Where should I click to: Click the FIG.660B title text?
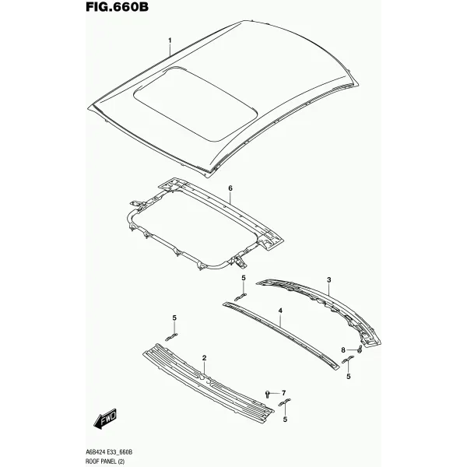pyautogui.click(x=117, y=6)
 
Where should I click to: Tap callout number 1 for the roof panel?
pyautogui.click(x=170, y=40)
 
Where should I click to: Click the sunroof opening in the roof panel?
pyautogui.click(x=195, y=104)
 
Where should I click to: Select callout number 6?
pyautogui.click(x=230, y=188)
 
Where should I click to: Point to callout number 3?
pyautogui.click(x=328, y=280)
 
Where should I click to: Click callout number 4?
pyautogui.click(x=280, y=311)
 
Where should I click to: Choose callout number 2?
pyautogui.click(x=204, y=358)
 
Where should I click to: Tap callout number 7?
pyautogui.click(x=283, y=393)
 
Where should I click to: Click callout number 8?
pyautogui.click(x=343, y=350)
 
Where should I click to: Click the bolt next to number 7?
pyautogui.click(x=268, y=395)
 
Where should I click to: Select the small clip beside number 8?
pyautogui.click(x=359, y=349)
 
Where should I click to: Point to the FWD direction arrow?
pyautogui.click(x=105, y=419)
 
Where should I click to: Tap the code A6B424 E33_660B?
pyautogui.click(x=109, y=452)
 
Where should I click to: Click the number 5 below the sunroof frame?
pyautogui.click(x=244, y=278)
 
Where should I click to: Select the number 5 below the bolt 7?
pyautogui.click(x=285, y=420)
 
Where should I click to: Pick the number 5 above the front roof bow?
pyautogui.click(x=174, y=318)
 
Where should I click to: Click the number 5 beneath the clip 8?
pyautogui.click(x=349, y=377)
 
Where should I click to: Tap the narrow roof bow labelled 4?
pyautogui.click(x=281, y=335)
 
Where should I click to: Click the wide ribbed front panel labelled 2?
pyautogui.click(x=208, y=384)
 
